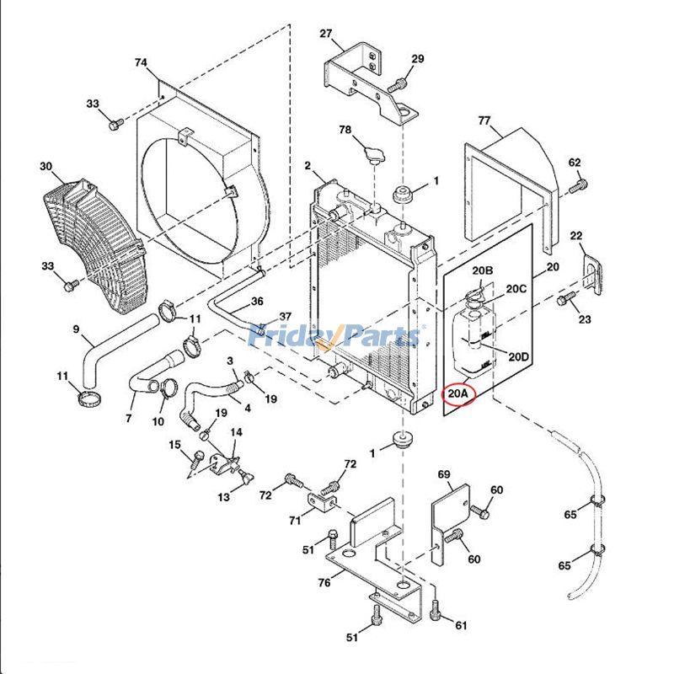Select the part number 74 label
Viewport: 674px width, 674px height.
141,63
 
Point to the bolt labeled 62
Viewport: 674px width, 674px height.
577,186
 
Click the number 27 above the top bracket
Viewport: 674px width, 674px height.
326,34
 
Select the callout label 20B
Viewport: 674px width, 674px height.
482,270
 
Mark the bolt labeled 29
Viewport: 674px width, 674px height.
398,85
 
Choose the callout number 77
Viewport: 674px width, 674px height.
484,121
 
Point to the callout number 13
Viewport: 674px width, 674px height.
223,497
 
